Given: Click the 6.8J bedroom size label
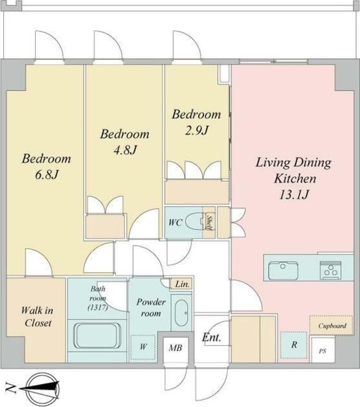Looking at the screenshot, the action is point(46,175).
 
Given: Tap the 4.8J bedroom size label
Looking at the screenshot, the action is point(125,150).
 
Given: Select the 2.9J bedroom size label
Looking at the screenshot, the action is point(197,130).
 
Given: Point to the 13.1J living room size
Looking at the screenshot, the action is point(294,195).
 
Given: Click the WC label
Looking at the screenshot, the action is point(175,223).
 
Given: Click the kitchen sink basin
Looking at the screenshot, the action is point(283,270).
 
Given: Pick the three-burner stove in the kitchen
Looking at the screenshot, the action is point(330,270).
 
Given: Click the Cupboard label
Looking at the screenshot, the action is point(332,326).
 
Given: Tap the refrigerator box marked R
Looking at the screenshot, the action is point(294,345).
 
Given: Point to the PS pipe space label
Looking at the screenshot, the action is point(322,351).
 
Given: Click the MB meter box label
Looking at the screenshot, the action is point(176,348).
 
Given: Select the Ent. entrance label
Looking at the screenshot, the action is point(211,338).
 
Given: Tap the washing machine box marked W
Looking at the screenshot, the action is point(143,347).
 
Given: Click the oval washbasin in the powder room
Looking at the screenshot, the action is point(181,313).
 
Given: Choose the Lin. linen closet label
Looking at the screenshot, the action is point(182,284).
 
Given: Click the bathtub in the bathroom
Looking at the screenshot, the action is point(97,336).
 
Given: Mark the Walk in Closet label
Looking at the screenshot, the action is point(37,317).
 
